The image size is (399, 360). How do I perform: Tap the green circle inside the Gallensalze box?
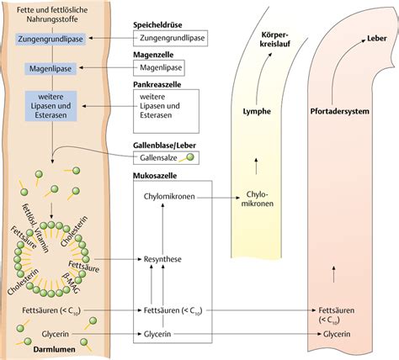click(x=189, y=156)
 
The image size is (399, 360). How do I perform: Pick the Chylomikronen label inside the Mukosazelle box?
click(x=168, y=199)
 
